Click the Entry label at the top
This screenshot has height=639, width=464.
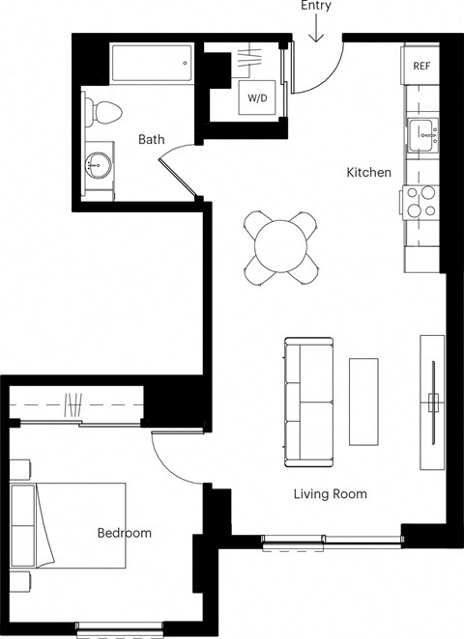[x=315, y=7]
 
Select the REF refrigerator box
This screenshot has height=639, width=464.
[x=420, y=66]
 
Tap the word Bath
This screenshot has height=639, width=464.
[x=151, y=140]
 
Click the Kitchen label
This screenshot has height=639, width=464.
[x=369, y=173]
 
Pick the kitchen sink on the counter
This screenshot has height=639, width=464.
[x=421, y=135]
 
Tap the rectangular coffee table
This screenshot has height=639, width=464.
[x=363, y=402]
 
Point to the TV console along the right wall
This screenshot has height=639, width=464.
[x=432, y=401]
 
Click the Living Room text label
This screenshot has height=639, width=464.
[x=330, y=494]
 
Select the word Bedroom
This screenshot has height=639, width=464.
[x=124, y=533]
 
